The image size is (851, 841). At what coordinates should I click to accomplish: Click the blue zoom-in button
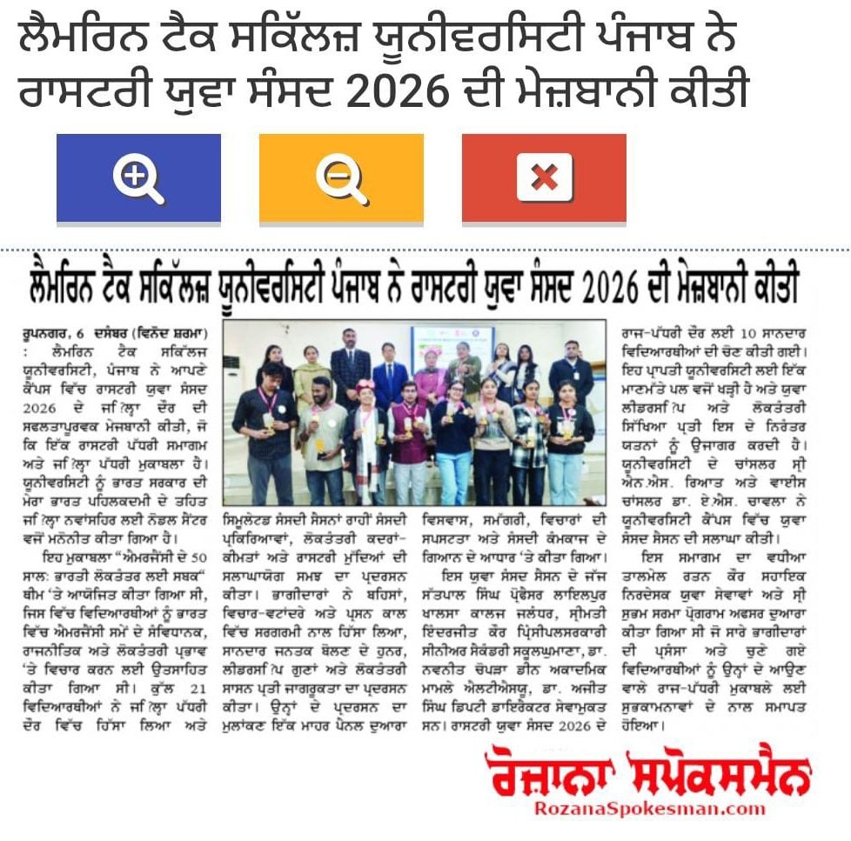point(138,178)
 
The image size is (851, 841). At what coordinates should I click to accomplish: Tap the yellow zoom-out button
point(341,178)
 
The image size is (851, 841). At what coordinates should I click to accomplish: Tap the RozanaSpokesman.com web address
point(649,809)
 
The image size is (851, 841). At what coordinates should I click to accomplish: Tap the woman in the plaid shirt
point(530,435)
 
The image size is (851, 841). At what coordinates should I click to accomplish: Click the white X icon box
point(544,177)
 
